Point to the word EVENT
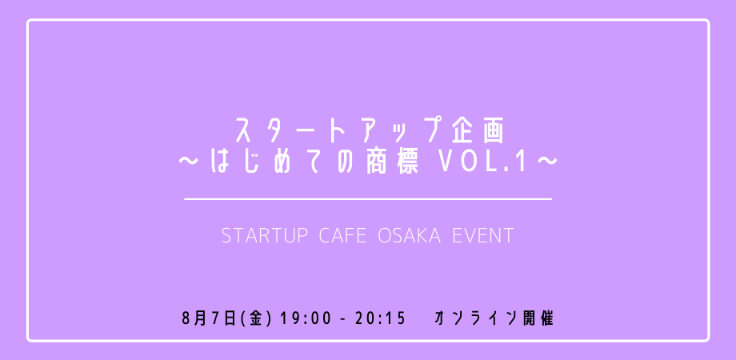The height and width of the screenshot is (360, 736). point(483,236)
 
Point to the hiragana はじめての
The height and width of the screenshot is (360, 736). point(283,162)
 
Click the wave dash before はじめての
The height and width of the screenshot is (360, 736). point(190,162)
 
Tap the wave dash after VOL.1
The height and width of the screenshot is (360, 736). point(546,162)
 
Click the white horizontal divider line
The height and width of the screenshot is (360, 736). point(368,199)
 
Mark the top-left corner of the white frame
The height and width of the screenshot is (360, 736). point(28,20)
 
